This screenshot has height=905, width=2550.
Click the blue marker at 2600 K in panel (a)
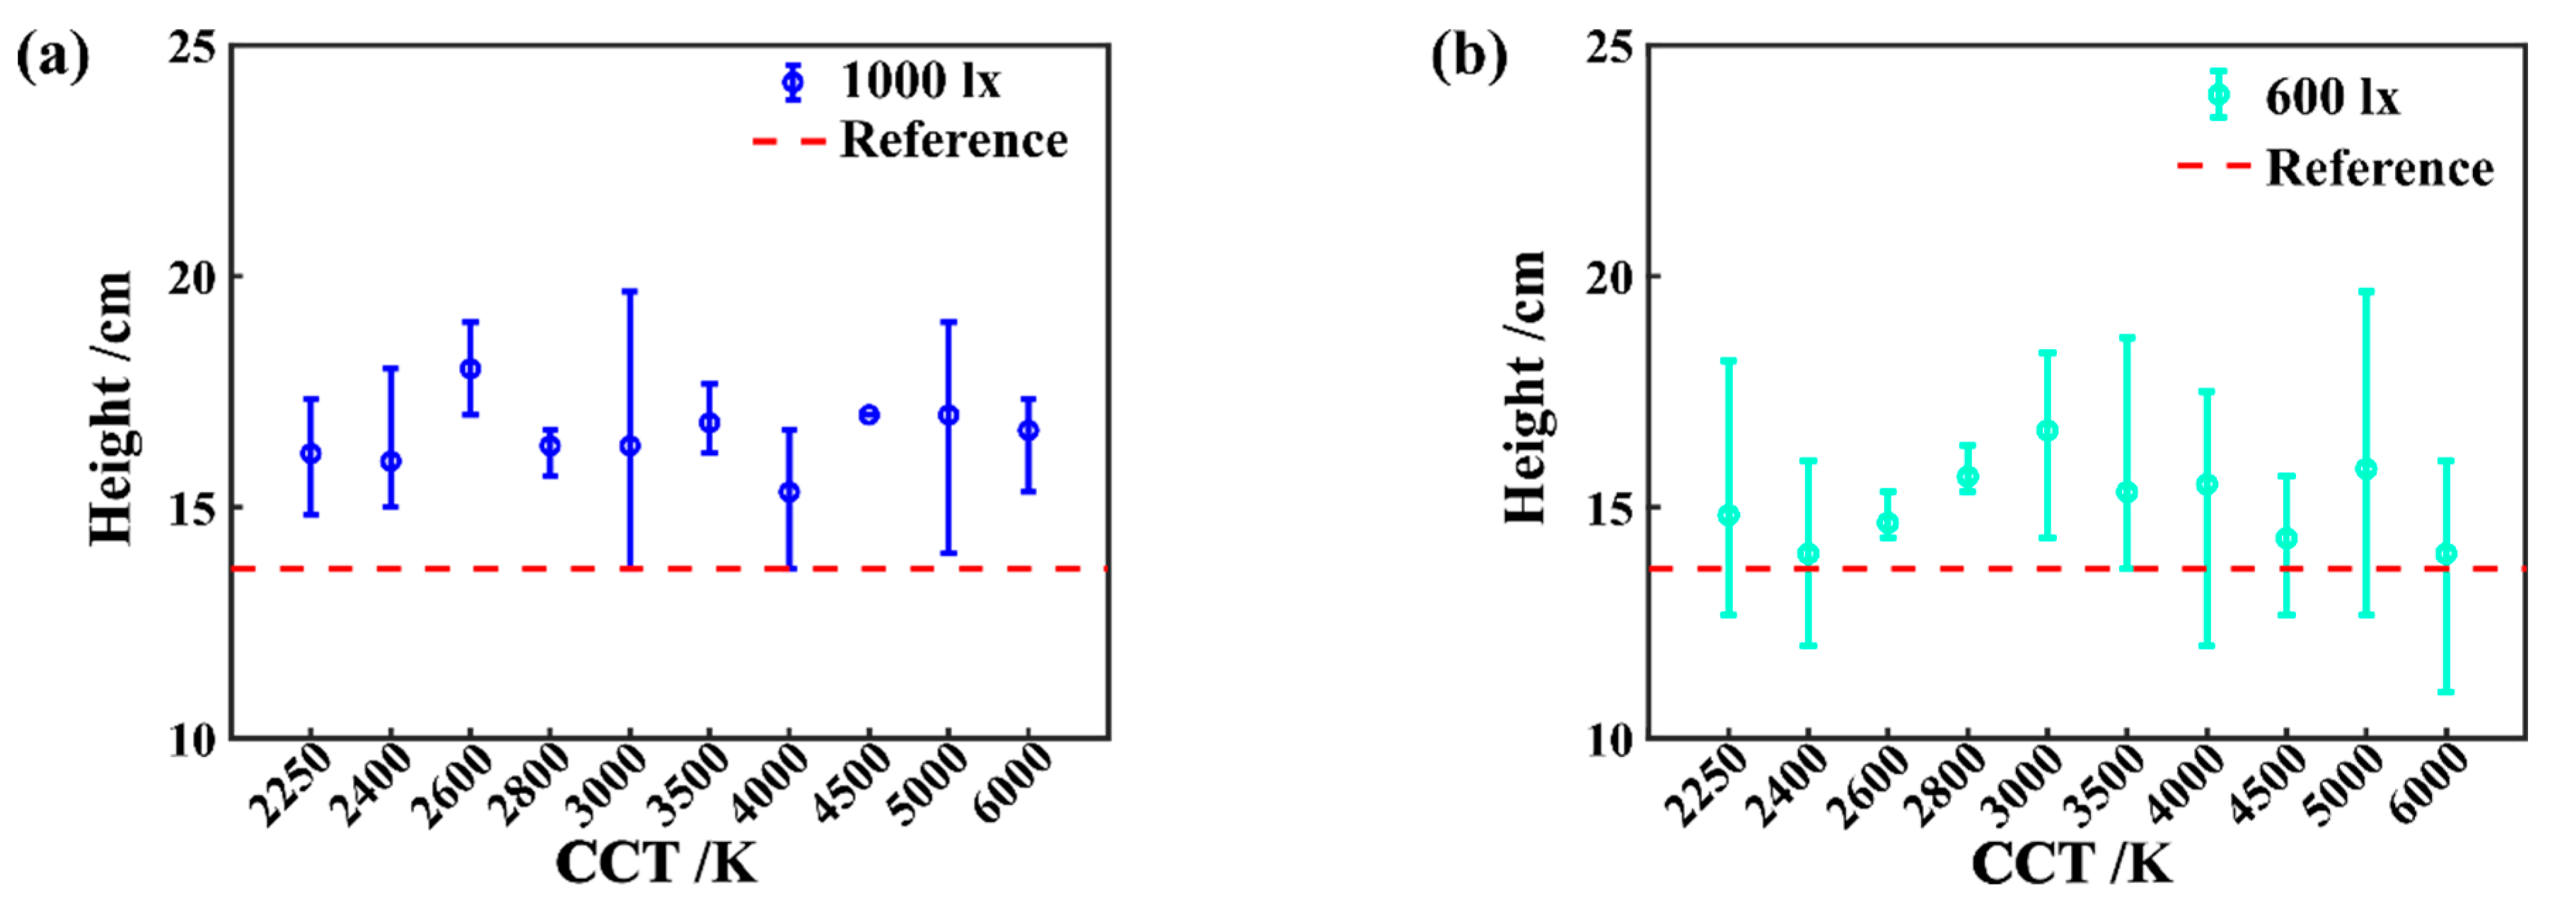pyautogui.click(x=470, y=369)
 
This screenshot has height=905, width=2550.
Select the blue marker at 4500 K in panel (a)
pyautogui.click(x=869, y=415)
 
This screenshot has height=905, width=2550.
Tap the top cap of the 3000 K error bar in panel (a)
pyautogui.click(x=630, y=291)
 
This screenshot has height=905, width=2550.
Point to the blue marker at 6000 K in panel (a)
pyautogui.click(x=1028, y=431)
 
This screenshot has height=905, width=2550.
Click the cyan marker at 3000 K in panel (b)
pyautogui.click(x=2047, y=431)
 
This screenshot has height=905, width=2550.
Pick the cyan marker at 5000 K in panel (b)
pyautogui.click(x=2366, y=469)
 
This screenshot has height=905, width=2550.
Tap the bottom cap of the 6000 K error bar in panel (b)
pyautogui.click(x=2446, y=691)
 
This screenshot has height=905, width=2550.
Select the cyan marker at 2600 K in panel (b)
pyautogui.click(x=1888, y=523)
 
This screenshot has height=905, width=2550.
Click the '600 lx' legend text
pyautogui.click(x=2332, y=97)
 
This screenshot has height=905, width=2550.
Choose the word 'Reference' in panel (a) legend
pyautogui.click(x=954, y=141)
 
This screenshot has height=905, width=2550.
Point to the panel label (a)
pyautogui.click(x=52, y=57)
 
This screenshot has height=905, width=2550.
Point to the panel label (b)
pyautogui.click(x=1469, y=57)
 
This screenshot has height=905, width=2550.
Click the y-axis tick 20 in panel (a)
pyautogui.click(x=192, y=278)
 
